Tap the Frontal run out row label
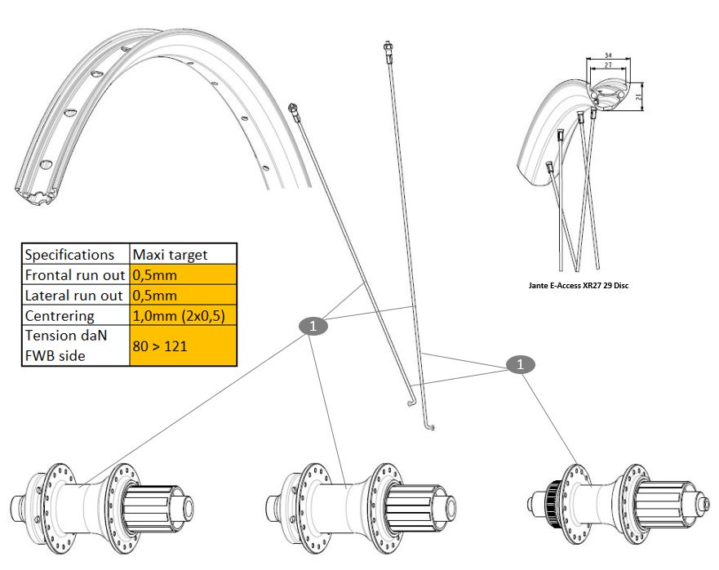pos(74,274)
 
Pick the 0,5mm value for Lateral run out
pos(155,295)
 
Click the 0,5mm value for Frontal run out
pos(155,274)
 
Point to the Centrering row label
pos(60,315)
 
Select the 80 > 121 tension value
pos(159,345)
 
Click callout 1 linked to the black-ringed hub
pos(520,364)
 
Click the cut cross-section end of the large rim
pos(37,197)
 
